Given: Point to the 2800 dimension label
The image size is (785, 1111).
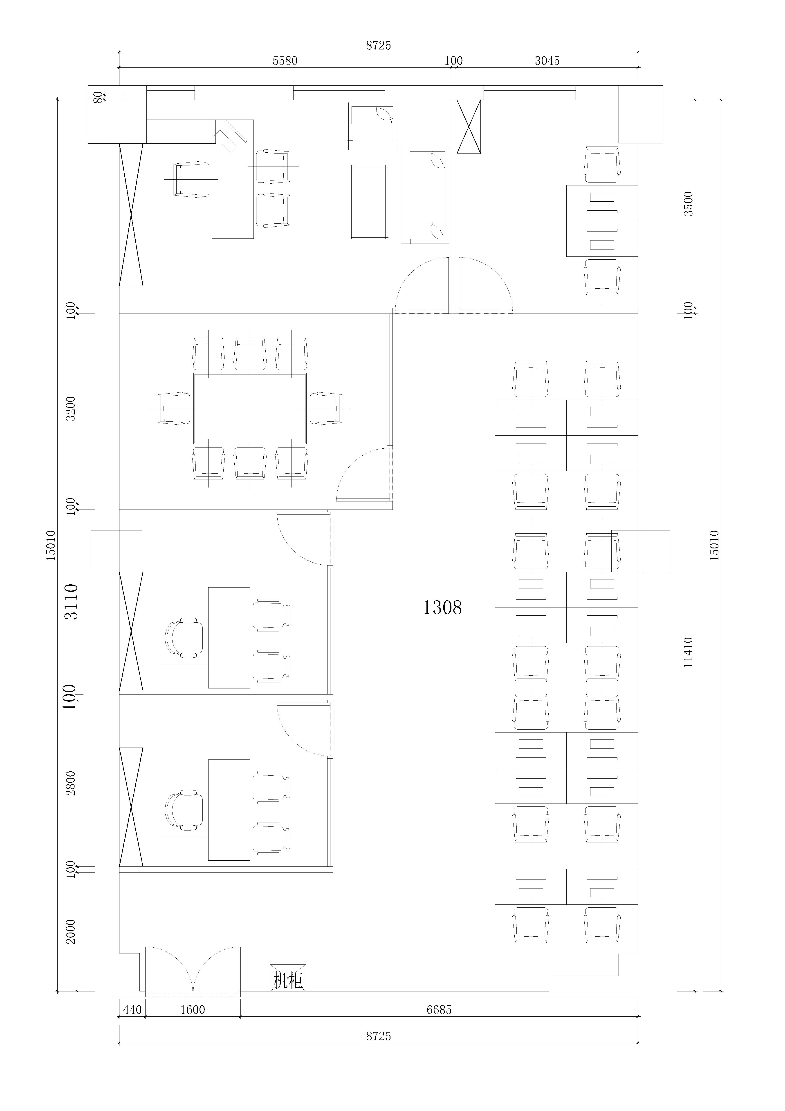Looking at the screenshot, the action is click(x=71, y=783).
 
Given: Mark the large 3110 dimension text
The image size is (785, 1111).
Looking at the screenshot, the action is click(x=71, y=601).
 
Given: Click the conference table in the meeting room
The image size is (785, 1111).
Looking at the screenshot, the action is click(x=250, y=408).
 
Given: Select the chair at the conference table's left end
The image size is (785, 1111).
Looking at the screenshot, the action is click(x=174, y=408).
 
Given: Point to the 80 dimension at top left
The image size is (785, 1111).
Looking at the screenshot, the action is click(x=98, y=97).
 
